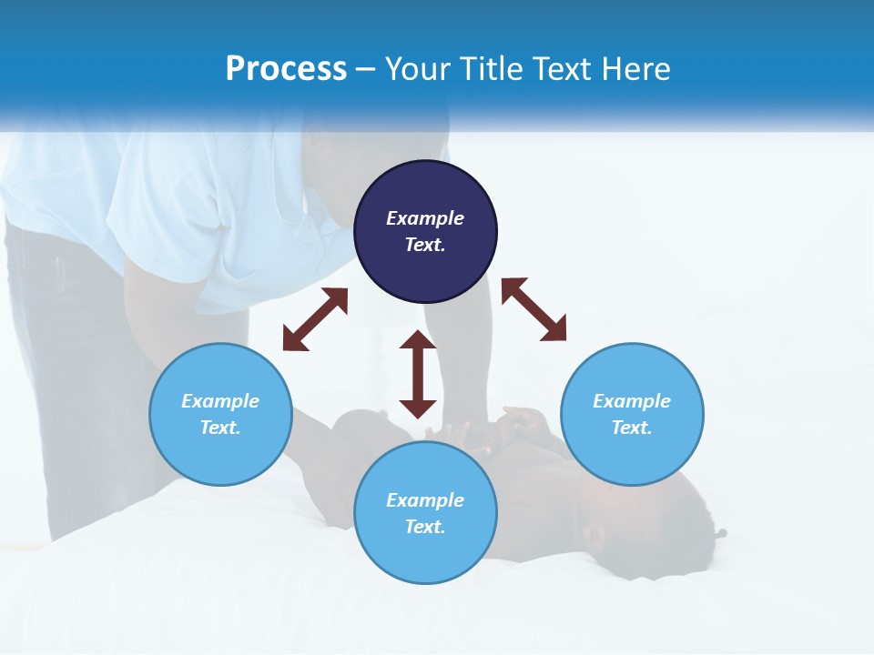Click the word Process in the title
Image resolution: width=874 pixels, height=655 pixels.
286,69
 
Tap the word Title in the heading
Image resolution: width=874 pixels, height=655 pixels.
495,69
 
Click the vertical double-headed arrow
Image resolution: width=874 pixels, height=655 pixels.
418,374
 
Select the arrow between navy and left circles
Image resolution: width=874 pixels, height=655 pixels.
315,319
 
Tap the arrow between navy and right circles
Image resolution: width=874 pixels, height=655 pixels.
534,309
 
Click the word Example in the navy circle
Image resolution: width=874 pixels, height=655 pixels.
425,218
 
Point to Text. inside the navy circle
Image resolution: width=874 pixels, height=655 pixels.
425,245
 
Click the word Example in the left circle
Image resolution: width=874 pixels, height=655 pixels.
220,401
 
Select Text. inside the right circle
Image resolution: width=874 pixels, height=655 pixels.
632,428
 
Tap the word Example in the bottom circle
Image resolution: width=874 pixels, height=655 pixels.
425,500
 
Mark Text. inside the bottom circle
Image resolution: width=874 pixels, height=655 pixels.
425,527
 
